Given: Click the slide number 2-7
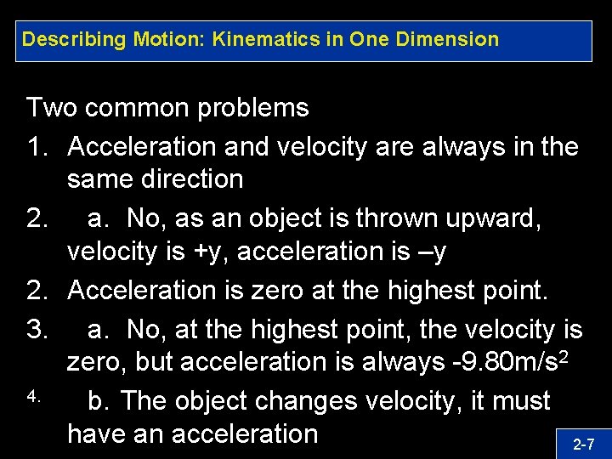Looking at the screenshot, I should click(x=583, y=444).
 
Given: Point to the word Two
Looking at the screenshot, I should click(x=53, y=108).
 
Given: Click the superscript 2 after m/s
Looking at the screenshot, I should click(x=563, y=355).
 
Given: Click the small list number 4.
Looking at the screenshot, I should click(x=33, y=396).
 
